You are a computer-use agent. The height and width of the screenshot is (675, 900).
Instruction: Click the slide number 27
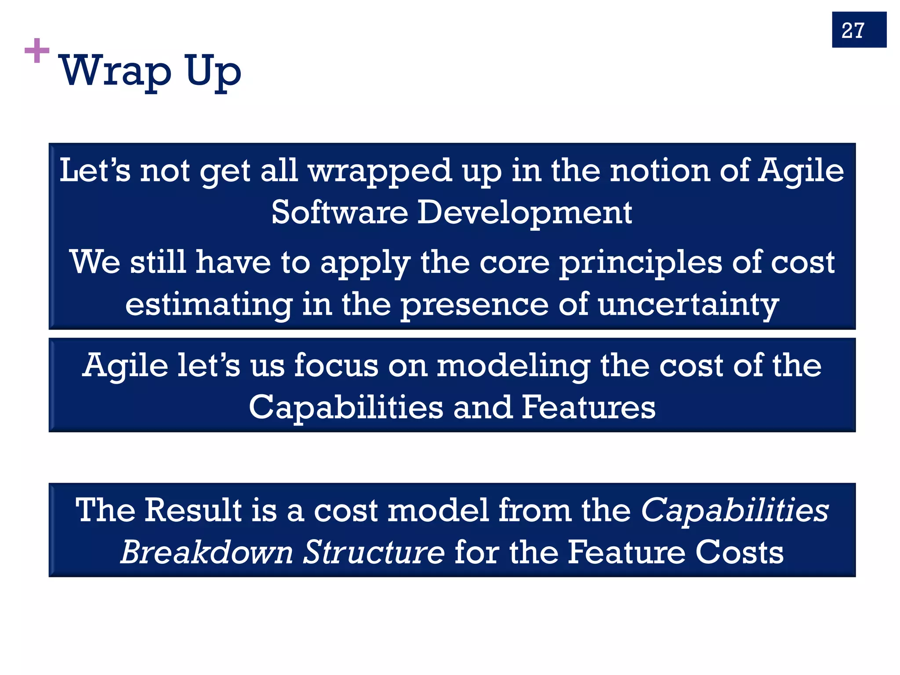click(853, 31)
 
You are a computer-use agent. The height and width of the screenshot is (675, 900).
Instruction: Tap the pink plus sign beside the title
click(37, 51)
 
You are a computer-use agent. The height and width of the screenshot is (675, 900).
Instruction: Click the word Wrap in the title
click(115, 71)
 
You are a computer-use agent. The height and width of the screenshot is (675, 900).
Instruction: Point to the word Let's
click(95, 171)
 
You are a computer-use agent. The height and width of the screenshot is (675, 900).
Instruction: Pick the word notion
click(660, 171)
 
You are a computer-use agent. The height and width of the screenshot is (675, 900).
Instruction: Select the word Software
click(340, 213)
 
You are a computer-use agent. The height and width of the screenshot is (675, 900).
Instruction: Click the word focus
click(336, 365)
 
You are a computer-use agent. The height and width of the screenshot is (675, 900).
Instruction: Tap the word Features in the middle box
click(588, 407)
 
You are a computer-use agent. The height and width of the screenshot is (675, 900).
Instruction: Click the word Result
click(193, 510)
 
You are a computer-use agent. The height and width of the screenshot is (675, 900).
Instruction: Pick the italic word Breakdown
click(207, 552)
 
